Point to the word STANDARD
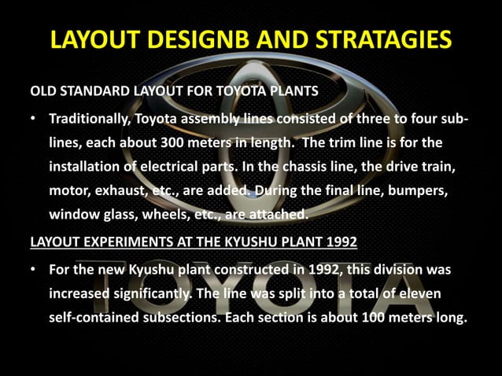tap(95, 90)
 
